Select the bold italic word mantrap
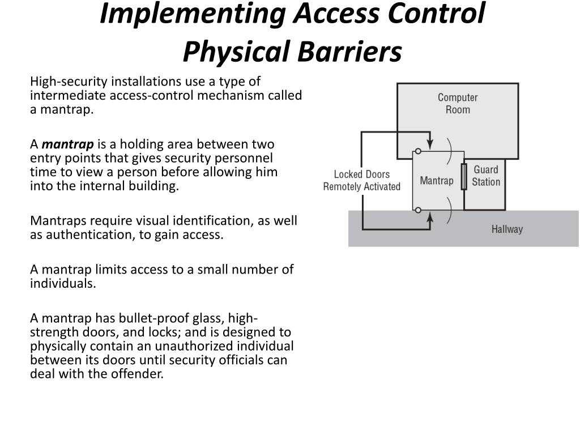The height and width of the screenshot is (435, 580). click(68, 144)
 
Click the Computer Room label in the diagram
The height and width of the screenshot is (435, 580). click(458, 104)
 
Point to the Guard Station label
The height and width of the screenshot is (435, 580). click(486, 176)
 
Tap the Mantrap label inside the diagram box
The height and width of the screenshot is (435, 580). click(436, 181)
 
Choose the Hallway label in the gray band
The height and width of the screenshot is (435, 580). click(507, 229)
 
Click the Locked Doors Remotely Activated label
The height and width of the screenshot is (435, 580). click(362, 181)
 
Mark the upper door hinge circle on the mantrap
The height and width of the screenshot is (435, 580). click(417, 151)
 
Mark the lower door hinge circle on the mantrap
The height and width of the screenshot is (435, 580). click(417, 210)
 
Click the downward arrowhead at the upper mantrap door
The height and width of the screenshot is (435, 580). click(430, 142)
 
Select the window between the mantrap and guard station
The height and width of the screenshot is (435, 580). click(464, 177)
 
